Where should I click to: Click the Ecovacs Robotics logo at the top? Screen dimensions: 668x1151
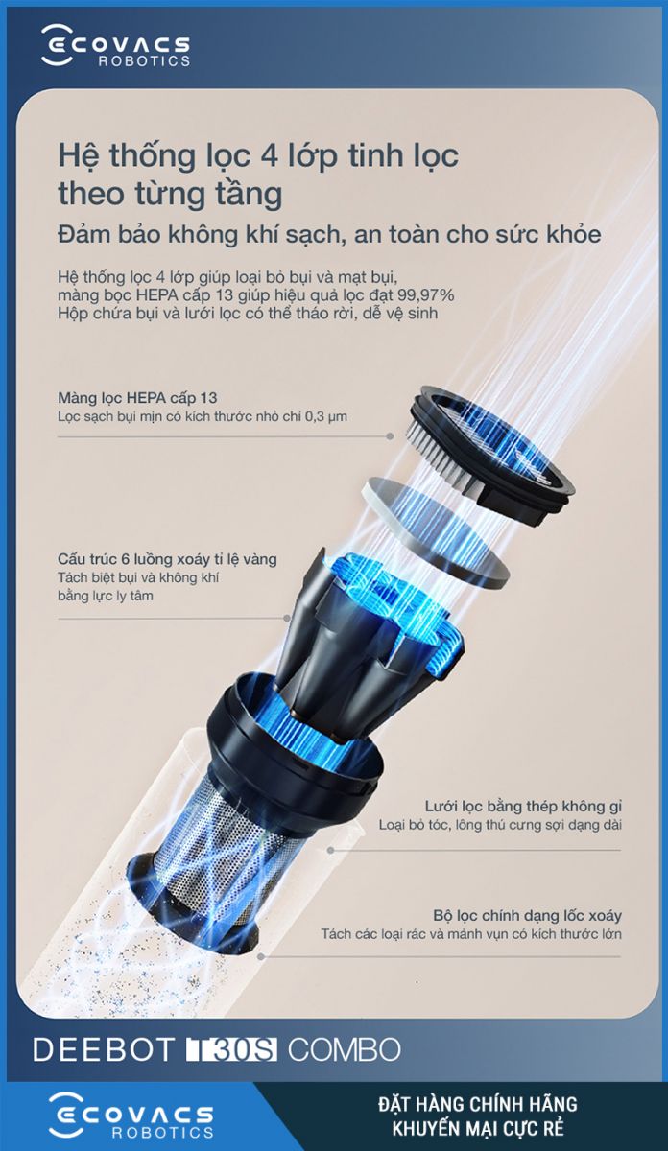pyautogui.click(x=116, y=47)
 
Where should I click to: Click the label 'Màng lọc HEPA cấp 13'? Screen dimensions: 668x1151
pyautogui.click(x=137, y=398)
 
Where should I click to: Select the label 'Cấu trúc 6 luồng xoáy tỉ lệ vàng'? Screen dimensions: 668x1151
pyautogui.click(x=167, y=559)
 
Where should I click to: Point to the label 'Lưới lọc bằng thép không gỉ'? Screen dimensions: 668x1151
pyautogui.click(x=523, y=807)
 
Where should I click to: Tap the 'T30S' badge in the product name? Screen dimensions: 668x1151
pyautogui.click(x=231, y=1049)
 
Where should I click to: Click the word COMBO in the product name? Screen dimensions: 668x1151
pyautogui.click(x=344, y=1049)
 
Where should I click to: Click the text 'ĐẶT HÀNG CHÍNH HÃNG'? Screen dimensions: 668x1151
pyautogui.click(x=478, y=1104)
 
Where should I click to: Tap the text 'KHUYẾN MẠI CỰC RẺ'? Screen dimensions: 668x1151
pyautogui.click(x=478, y=1129)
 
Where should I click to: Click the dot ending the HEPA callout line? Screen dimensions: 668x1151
pyautogui.click(x=391, y=436)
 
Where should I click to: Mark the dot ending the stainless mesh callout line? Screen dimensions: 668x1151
pyautogui.click(x=331, y=850)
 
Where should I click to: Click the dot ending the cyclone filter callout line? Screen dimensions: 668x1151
pyautogui.click(x=261, y=957)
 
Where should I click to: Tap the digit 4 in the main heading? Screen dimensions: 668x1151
pyautogui.click(x=269, y=156)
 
